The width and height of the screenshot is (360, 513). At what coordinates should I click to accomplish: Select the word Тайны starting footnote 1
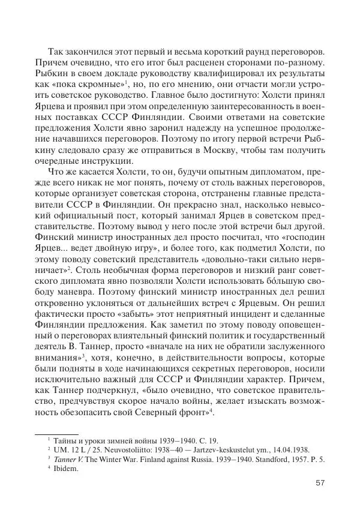pyautogui.click(x=62, y=439)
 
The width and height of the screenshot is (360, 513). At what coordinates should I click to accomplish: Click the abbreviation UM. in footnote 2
pyautogui.click(x=57, y=449)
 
